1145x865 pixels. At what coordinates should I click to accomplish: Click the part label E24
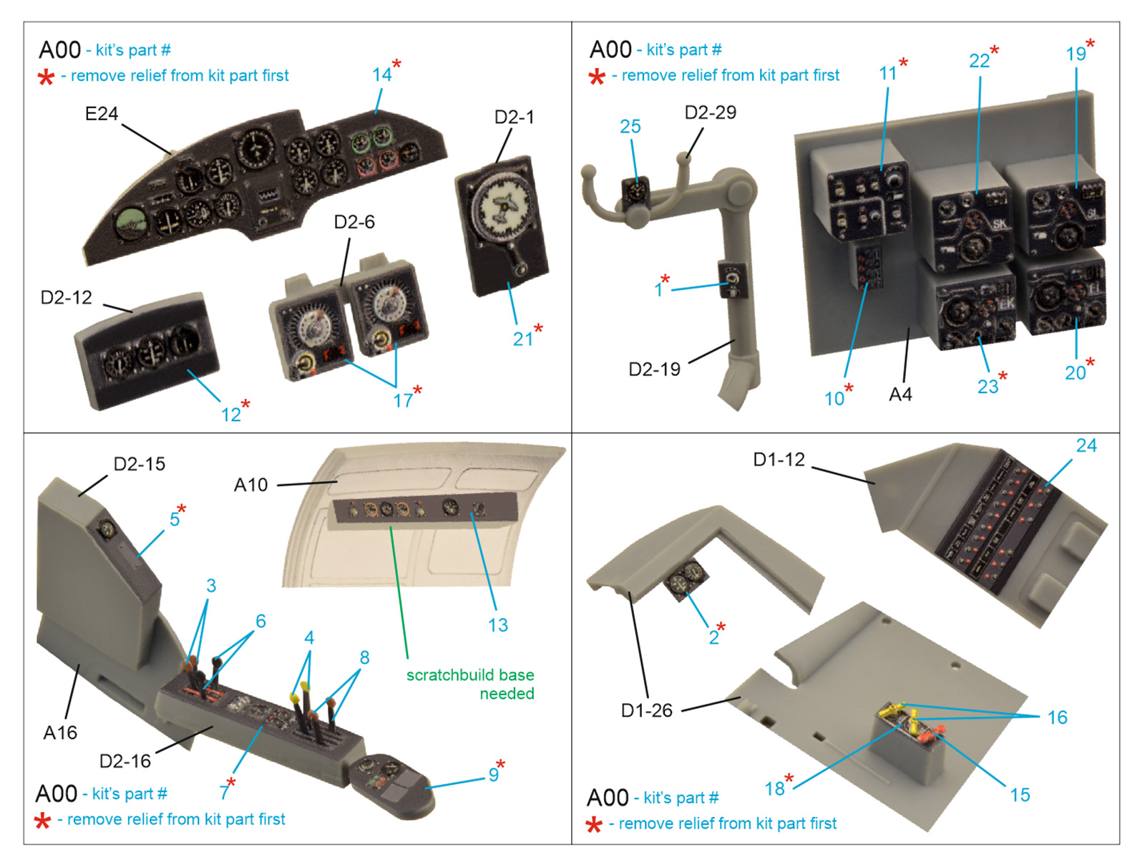pos(101,114)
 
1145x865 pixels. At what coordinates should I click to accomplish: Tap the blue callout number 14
pos(381,74)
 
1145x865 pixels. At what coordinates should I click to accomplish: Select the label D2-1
pos(514,117)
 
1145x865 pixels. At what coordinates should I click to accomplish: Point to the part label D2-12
pos(66,297)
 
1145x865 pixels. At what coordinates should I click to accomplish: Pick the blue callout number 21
pos(522,339)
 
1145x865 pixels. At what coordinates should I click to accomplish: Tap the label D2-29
pos(710,112)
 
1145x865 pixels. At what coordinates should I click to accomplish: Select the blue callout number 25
pos(630,127)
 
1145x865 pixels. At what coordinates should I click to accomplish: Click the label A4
pos(900,395)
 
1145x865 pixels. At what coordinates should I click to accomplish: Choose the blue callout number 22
pos(979,61)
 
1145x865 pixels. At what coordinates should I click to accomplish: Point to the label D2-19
pos(654,369)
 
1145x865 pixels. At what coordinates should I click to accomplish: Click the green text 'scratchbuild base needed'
pos(470,684)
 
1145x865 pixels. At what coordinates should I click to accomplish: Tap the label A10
pos(250,485)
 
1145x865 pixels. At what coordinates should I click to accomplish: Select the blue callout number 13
pos(497,625)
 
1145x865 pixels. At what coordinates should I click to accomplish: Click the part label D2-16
pos(125,760)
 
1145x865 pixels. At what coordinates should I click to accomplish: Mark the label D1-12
pos(779,459)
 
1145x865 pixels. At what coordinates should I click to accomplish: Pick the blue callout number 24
pos(1086,445)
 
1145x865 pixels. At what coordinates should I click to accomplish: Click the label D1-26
pos(646,710)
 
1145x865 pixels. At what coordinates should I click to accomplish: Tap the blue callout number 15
pos(1020,795)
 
